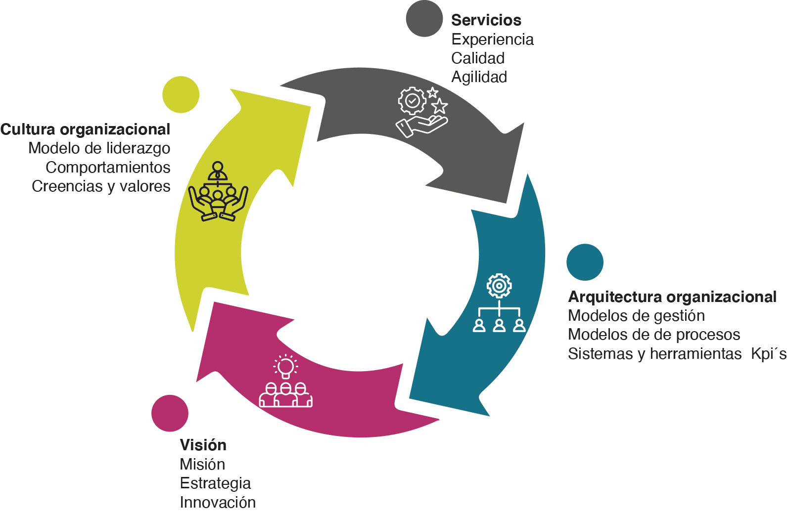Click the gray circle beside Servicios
[424, 18]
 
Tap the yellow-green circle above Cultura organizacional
[181, 94]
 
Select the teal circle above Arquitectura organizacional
[585, 262]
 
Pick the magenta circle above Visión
[170, 413]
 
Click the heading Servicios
[486, 20]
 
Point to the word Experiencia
[492, 40]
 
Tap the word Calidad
[478, 58]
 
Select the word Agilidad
[479, 77]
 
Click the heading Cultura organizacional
[85, 129]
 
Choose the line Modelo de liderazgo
[99, 148]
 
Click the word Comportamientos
[108, 168]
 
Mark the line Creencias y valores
[101, 186]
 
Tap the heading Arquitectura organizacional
[672, 297]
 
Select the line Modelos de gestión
[636, 316]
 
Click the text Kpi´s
[768, 354]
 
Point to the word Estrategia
[215, 483]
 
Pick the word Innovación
[218, 503]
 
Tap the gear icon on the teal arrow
[499, 286]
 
